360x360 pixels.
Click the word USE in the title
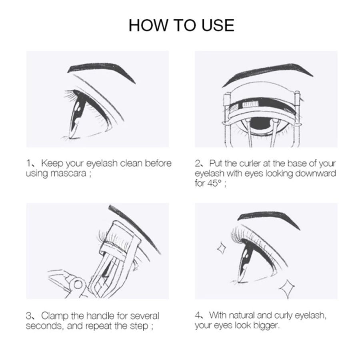216,25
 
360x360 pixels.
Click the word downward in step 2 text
313,174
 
